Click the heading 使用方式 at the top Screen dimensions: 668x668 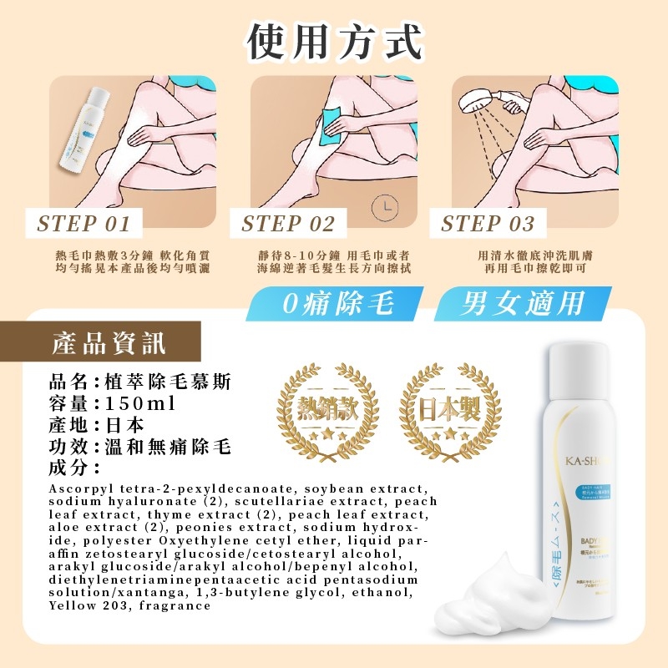334,42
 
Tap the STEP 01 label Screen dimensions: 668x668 84,224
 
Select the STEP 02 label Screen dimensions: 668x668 288,224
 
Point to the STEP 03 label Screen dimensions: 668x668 488,224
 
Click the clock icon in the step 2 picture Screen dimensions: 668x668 384,205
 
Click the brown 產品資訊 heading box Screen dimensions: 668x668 109,343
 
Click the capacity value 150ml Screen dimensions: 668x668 142,404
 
